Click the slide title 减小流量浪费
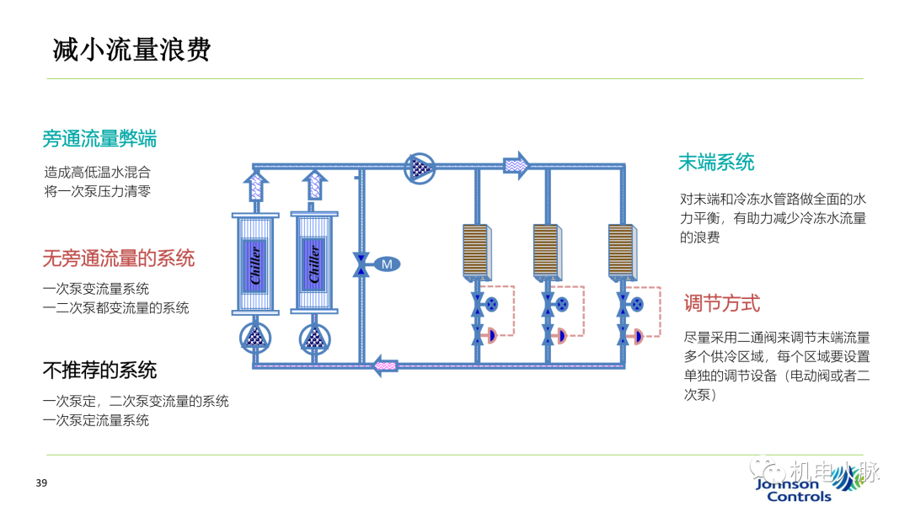131,50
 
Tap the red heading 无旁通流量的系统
119,258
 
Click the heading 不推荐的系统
99,371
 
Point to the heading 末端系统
716,163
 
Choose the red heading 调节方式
722,303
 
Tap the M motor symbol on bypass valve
386,264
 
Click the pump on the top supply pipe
420,167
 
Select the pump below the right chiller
313,339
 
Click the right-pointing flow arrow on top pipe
517,166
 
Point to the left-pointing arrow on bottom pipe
384,365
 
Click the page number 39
41,483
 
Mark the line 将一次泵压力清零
97,191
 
